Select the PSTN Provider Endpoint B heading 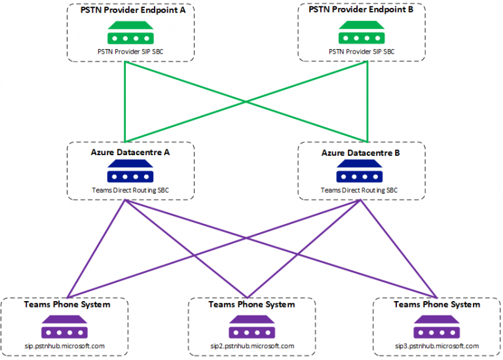[361, 11]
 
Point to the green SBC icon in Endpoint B [361, 32]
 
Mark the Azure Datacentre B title [361, 152]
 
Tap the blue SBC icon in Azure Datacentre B [361, 173]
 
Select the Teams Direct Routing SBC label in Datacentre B [361, 190]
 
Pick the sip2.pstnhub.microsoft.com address [251, 346]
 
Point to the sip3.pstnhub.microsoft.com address [437, 346]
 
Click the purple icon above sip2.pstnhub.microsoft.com [251, 326]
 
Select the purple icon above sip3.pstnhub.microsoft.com [437, 326]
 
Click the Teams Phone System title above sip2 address [251, 304]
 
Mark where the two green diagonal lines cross [246, 101]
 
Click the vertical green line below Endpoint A [124, 101]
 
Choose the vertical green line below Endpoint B [367, 101]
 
